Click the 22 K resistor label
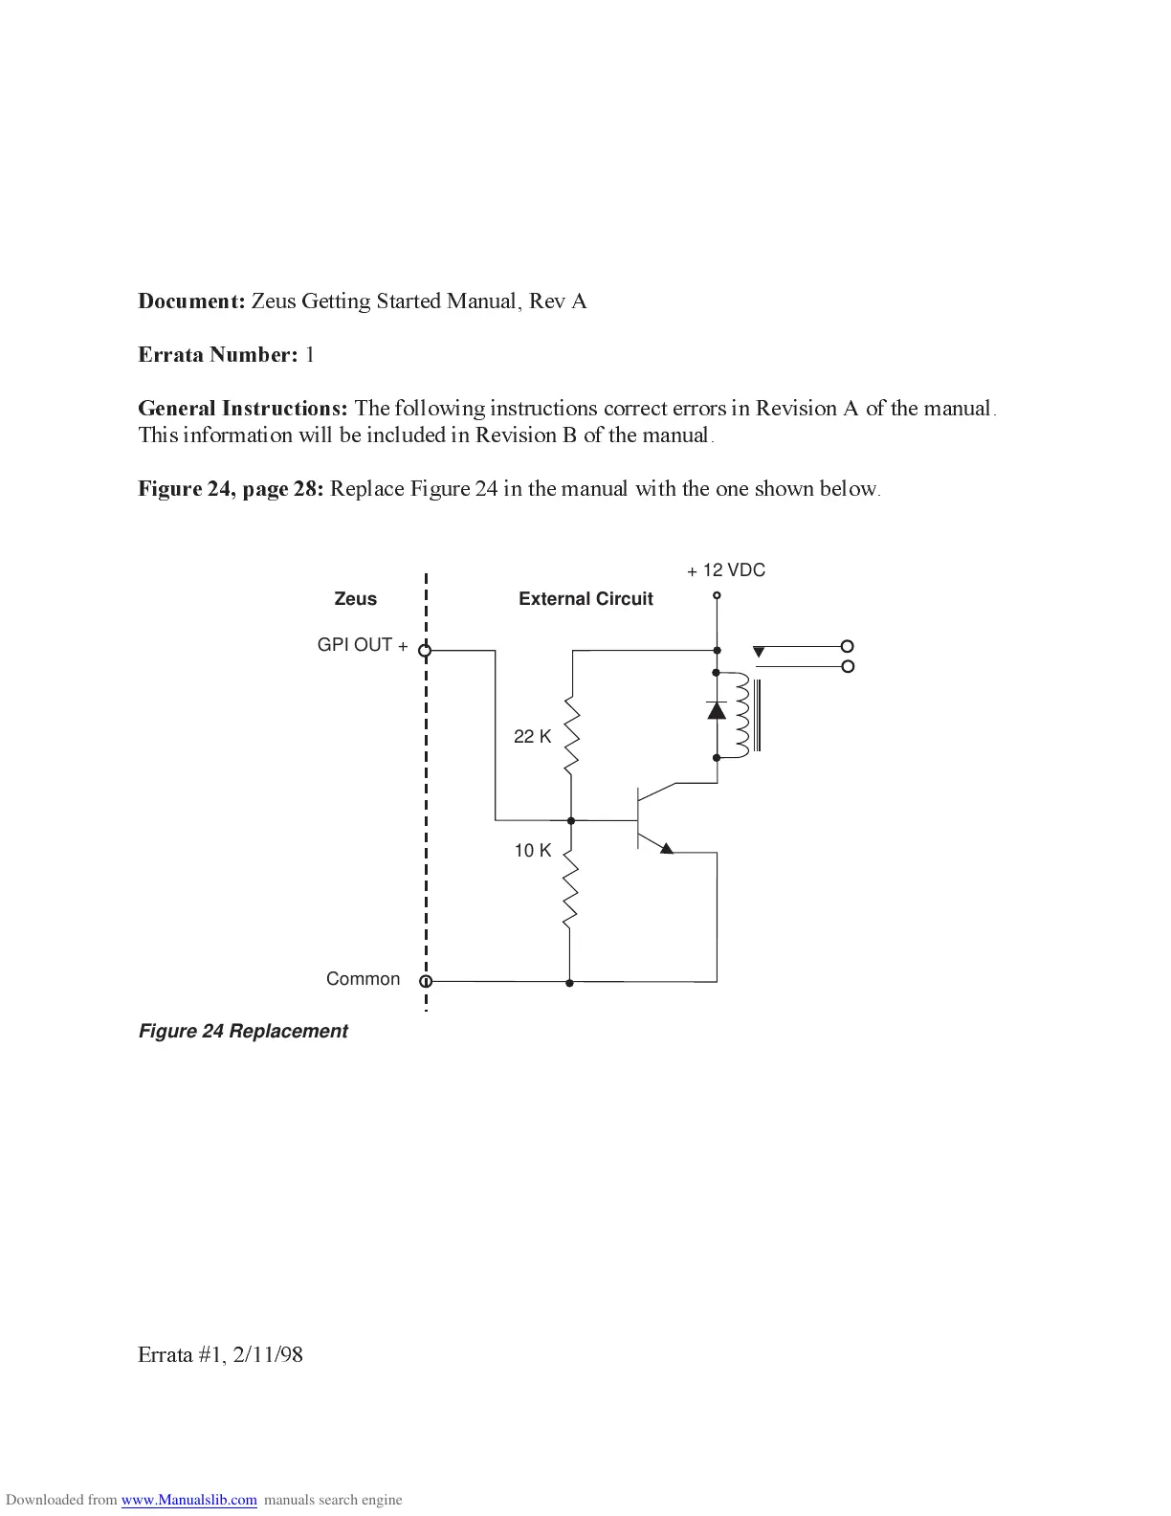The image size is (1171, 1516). tap(532, 736)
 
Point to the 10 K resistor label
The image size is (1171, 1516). tap(532, 850)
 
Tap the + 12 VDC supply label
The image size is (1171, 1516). tap(726, 570)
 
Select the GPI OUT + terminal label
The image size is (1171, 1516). tap(363, 645)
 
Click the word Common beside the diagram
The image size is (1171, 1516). tap(363, 978)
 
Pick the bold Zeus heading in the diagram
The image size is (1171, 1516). tap(355, 599)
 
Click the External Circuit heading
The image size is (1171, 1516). tap(585, 599)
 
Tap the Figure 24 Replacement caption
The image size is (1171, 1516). tap(243, 1031)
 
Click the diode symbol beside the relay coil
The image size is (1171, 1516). tap(717, 710)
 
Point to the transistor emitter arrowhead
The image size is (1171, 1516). tap(666, 848)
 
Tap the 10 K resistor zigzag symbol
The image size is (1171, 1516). tap(570, 890)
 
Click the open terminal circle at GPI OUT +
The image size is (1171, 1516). tap(426, 651)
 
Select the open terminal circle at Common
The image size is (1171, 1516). tap(427, 981)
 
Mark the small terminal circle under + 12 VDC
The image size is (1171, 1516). tap(717, 596)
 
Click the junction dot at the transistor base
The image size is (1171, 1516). tap(571, 820)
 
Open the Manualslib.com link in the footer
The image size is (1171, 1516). tap(189, 1500)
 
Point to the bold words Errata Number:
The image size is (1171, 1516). tap(218, 355)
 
